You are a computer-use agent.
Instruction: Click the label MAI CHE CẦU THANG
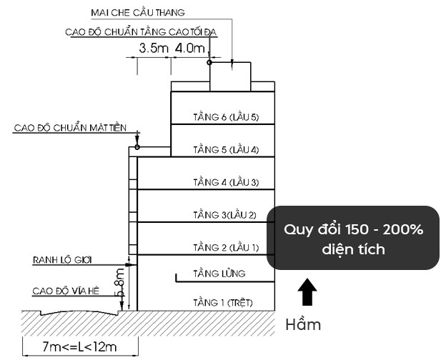[138, 13]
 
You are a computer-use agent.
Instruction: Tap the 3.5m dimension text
[154, 48]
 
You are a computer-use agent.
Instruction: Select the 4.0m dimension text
[190, 48]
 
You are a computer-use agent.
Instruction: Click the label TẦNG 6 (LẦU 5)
[226, 117]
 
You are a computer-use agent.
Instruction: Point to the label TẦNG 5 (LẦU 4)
[226, 149]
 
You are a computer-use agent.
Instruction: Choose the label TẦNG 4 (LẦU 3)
[226, 182]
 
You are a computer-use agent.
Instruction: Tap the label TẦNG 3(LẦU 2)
[224, 215]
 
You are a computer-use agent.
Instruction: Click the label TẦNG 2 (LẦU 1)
[226, 247]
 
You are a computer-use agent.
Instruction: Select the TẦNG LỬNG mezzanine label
[219, 274]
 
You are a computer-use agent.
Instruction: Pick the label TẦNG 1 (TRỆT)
[223, 303]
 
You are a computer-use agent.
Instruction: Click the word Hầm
[303, 324]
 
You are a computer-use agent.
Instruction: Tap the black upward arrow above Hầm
[307, 291]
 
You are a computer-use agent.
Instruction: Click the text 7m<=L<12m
[79, 347]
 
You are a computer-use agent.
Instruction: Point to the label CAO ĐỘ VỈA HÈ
[66, 291]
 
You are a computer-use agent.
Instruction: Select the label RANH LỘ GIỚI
[62, 260]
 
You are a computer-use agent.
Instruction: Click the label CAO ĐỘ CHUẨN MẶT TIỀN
[70, 128]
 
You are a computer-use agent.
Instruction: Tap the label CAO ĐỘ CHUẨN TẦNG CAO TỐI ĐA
[141, 32]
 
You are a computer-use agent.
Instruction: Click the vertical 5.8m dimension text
[119, 284]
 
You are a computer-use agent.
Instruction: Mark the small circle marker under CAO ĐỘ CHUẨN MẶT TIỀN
[137, 147]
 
